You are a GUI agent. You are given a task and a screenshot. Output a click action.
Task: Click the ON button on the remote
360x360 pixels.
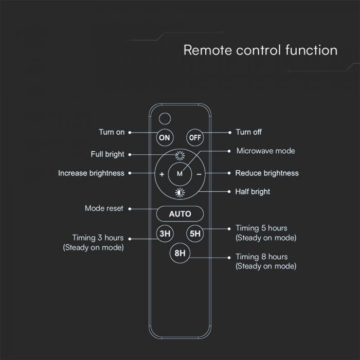click(x=164, y=137)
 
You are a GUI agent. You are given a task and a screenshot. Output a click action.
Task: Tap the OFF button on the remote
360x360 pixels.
click(x=195, y=137)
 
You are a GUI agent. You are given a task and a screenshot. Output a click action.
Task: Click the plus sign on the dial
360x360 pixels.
click(x=161, y=174)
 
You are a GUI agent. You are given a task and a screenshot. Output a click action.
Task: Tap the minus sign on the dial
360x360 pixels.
click(x=199, y=174)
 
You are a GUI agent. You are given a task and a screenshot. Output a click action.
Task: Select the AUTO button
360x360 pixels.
click(x=180, y=213)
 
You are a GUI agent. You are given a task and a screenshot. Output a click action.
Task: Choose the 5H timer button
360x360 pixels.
click(x=195, y=233)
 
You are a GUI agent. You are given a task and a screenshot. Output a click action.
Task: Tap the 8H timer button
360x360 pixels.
click(x=179, y=253)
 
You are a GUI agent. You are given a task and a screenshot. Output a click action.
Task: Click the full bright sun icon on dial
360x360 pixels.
click(x=179, y=157)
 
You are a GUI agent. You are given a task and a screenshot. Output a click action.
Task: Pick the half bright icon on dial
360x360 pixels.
click(x=179, y=192)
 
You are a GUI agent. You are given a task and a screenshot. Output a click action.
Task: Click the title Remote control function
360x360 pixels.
click(x=260, y=50)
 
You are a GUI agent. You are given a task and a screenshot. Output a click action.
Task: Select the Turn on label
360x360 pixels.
click(x=112, y=132)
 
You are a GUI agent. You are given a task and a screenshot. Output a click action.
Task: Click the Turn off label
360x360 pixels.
click(x=248, y=132)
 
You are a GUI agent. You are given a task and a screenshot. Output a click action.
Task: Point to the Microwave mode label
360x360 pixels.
click(x=265, y=151)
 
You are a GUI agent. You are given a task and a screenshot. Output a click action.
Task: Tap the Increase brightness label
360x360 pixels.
click(x=91, y=173)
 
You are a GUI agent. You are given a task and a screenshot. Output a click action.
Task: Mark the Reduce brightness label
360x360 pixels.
click(x=267, y=173)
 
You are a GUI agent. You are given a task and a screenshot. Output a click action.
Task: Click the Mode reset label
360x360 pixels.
click(x=104, y=208)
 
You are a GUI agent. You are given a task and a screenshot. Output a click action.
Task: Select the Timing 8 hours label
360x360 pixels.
click(x=261, y=257)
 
